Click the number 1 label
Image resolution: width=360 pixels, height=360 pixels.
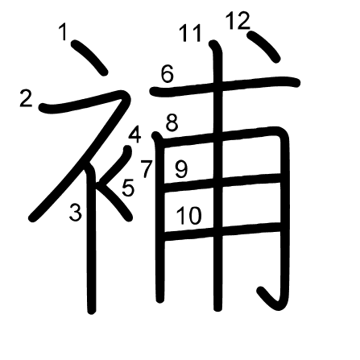[63, 31]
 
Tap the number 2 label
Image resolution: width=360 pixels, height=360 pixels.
[27, 98]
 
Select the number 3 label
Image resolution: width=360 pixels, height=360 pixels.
[76, 212]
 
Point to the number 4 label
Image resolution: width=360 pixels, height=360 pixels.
[134, 135]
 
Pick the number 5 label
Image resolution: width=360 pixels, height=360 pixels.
[128, 188]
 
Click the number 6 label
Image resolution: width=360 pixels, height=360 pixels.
[168, 74]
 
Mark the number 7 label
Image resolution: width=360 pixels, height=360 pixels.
[147, 169]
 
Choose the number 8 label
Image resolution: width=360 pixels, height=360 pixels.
[172, 123]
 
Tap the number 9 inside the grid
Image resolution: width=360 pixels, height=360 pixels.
[181, 170]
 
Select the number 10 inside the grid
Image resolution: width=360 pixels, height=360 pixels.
[189, 216]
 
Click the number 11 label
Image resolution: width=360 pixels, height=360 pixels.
[190, 33]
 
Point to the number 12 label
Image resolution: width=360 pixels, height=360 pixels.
[238, 21]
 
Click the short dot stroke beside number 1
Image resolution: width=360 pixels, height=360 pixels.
[89, 57]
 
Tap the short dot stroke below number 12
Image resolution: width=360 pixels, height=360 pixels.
[264, 47]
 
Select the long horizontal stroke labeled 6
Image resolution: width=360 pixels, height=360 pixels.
[225, 85]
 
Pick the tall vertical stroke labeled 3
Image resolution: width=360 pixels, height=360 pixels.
[91, 239]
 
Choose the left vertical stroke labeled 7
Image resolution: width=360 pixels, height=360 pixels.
[159, 217]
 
